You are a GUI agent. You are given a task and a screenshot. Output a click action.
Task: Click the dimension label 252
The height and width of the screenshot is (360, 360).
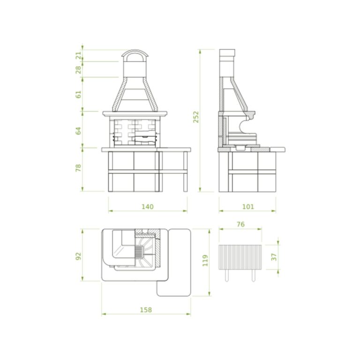point(196,117)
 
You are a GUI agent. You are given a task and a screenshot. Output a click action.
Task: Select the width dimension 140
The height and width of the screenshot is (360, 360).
point(147,207)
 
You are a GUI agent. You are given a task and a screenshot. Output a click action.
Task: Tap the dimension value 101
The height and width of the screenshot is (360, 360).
point(248,207)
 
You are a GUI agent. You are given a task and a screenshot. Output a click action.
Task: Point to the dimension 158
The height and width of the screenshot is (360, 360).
point(146,310)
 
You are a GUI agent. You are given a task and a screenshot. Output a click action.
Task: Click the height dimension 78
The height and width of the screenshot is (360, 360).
point(79,168)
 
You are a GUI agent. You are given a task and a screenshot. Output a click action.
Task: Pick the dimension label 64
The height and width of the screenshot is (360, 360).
point(79,131)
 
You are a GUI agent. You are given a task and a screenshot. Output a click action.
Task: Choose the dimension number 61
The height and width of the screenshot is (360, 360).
point(79,94)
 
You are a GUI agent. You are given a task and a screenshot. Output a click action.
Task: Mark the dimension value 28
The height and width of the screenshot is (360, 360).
point(79,69)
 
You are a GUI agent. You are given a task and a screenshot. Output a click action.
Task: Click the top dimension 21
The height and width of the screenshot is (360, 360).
point(79,55)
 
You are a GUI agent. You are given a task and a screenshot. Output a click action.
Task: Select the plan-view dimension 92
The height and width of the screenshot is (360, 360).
point(79,256)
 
